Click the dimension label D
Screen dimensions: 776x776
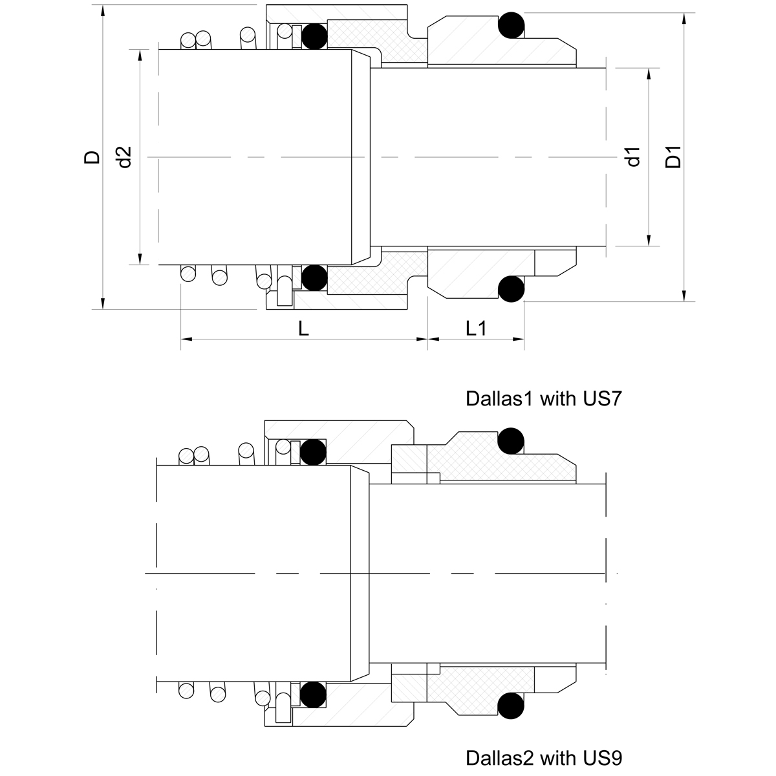[x=92, y=157]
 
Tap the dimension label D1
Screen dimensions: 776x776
[x=673, y=157]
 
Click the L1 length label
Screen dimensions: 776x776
[x=476, y=329]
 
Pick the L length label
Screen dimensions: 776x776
[x=303, y=329]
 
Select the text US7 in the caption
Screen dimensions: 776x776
[x=602, y=399]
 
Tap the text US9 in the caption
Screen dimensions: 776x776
[x=602, y=759]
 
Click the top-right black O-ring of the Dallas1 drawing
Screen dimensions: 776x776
[x=511, y=25]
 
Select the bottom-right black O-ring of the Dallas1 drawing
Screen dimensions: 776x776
[x=511, y=288]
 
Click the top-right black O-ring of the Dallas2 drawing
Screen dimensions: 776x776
[x=511, y=441]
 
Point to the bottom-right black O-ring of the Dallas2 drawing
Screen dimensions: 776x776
[x=511, y=706]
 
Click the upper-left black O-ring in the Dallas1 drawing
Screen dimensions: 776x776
[x=314, y=36]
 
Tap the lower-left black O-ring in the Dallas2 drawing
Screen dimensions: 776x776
[x=313, y=695]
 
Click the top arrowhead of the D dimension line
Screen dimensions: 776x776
[x=103, y=11]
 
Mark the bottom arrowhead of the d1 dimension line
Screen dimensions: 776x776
[x=649, y=240]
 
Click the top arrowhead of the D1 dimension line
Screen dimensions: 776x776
[x=684, y=19]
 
